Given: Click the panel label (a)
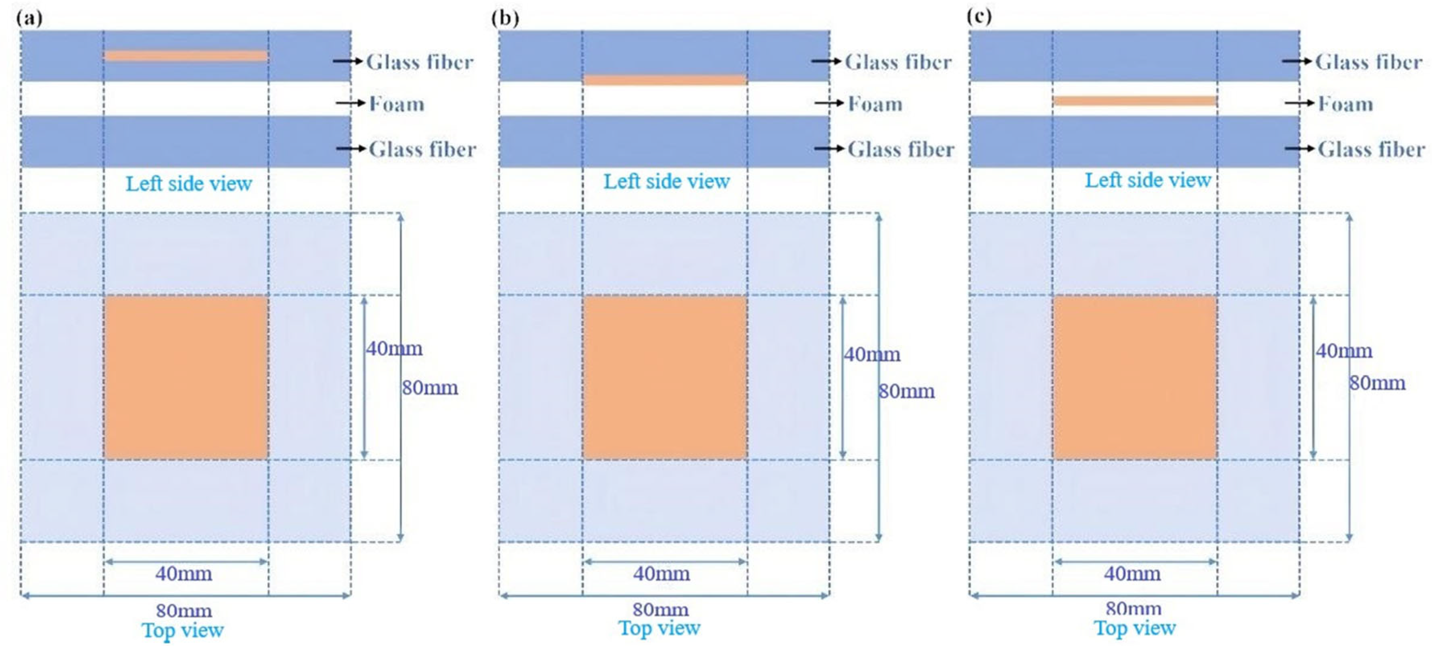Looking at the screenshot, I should tap(29, 19).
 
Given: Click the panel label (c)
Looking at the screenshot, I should tap(979, 16).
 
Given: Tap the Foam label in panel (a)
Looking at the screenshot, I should tap(397, 104).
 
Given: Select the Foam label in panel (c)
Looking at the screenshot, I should tap(1345, 104).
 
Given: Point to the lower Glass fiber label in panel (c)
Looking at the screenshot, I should tap(1371, 149).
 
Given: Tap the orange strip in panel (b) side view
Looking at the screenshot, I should tap(664, 80).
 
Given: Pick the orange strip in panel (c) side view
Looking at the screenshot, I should tap(1135, 101).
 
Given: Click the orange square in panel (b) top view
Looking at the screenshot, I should tap(664, 377).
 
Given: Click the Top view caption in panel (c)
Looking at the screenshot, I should tap(1135, 628).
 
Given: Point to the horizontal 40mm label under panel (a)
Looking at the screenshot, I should tap(183, 573).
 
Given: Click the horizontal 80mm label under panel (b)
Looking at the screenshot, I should tap(660, 609).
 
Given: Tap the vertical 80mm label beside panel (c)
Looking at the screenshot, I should tap(1378, 383).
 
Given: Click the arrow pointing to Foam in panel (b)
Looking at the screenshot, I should tap(829, 103).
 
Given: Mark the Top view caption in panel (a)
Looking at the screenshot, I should tap(182, 630).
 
